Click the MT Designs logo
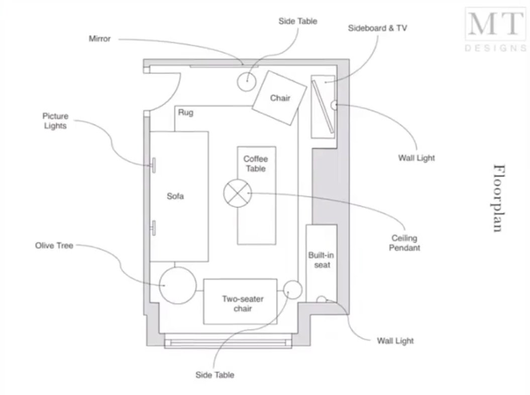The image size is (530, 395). pyautogui.click(x=494, y=29)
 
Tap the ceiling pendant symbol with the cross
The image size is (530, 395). pyautogui.click(x=237, y=192)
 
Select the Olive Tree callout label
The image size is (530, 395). pyautogui.click(x=54, y=246)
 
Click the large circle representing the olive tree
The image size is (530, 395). pyautogui.click(x=177, y=285)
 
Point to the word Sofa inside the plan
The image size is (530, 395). pyautogui.click(x=175, y=196)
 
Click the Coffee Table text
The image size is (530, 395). pyautogui.click(x=255, y=164)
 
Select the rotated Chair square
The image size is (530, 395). pyautogui.click(x=279, y=98)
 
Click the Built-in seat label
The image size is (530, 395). pyautogui.click(x=322, y=260)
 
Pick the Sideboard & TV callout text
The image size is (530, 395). pyautogui.click(x=377, y=28)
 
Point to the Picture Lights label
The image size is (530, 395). pyautogui.click(x=55, y=121)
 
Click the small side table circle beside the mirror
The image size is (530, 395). pyautogui.click(x=247, y=81)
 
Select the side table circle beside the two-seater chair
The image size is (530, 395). pyautogui.click(x=292, y=289)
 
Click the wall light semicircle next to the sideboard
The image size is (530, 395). pyautogui.click(x=334, y=105)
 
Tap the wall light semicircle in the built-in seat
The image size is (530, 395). pyautogui.click(x=321, y=300)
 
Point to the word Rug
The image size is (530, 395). pyautogui.click(x=185, y=113)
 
